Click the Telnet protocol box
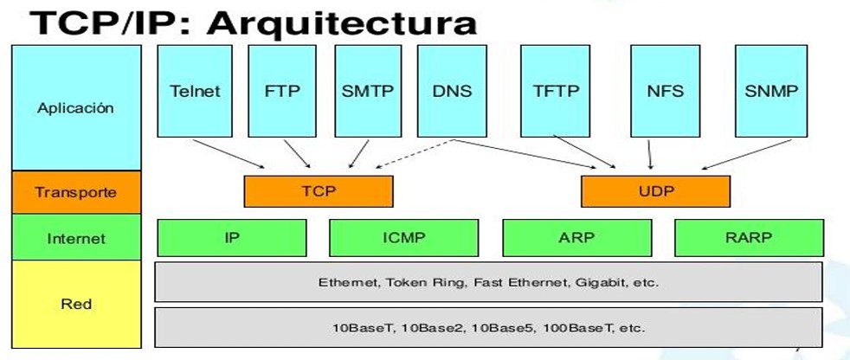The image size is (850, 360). click(x=195, y=91)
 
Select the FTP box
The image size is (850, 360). click(x=281, y=91)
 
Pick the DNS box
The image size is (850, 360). click(x=452, y=91)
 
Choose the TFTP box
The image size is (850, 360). click(x=555, y=91)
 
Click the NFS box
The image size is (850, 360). click(x=665, y=91)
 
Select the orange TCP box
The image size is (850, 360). click(x=319, y=191)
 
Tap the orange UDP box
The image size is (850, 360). click(x=655, y=191)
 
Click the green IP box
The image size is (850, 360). click(x=231, y=236)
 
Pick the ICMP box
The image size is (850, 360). click(x=403, y=236)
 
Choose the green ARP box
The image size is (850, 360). click(x=576, y=236)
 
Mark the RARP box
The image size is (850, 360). click(x=749, y=236)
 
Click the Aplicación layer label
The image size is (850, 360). click(x=76, y=108)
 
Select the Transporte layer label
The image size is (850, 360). click(x=76, y=192)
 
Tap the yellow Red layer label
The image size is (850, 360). click(x=76, y=304)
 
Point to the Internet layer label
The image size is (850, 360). click(x=76, y=237)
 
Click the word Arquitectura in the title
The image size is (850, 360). click(x=341, y=22)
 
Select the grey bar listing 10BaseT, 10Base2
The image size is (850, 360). click(x=488, y=328)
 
